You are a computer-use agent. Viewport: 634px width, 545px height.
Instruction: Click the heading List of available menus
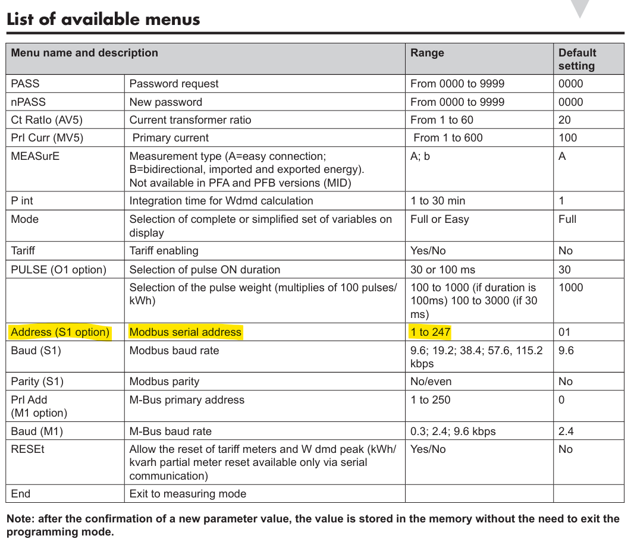[x=103, y=19]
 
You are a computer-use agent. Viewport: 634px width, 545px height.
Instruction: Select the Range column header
[x=427, y=53]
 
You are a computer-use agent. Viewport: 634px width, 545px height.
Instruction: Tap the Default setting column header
[x=577, y=59]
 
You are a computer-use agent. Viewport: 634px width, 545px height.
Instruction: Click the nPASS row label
[x=28, y=102]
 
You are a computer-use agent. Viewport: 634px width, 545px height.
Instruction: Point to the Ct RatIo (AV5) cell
[x=48, y=119]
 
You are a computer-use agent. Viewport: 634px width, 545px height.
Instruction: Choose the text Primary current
[x=170, y=138]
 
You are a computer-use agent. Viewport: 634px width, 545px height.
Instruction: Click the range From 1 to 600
[x=448, y=138]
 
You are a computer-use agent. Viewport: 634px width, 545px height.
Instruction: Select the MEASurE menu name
[x=35, y=156]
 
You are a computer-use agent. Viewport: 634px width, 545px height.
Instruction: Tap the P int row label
[x=22, y=201]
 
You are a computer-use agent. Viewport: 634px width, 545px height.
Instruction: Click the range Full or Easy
[x=440, y=219]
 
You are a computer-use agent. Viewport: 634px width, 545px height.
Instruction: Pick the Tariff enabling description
[x=164, y=251]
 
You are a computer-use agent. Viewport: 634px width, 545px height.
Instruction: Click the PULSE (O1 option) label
[x=58, y=269]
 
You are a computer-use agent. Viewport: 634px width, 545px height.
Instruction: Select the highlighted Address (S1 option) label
[x=60, y=332]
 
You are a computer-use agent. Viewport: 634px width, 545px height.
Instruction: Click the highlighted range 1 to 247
[x=431, y=332]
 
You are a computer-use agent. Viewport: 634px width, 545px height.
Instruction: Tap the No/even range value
[x=431, y=382]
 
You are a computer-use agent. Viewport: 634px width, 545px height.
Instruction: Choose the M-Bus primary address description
[x=187, y=400]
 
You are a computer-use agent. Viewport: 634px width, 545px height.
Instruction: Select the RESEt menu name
[x=27, y=449]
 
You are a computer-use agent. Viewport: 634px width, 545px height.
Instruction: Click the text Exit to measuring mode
[x=188, y=493]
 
